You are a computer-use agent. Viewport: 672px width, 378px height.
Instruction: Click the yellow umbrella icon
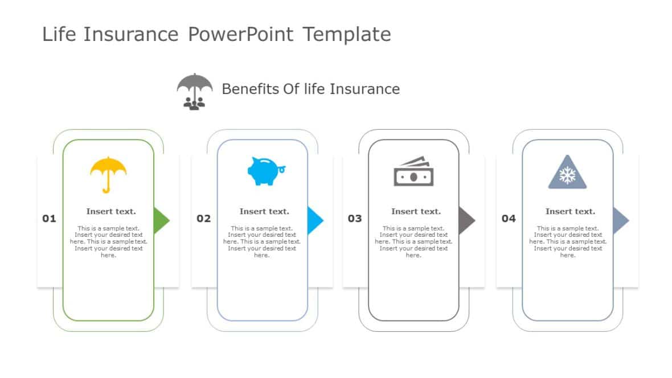(108, 173)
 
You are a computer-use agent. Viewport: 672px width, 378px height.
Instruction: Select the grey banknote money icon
(413, 171)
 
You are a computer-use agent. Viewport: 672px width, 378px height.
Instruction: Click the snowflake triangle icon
(567, 173)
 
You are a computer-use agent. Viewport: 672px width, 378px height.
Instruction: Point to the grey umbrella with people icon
(194, 91)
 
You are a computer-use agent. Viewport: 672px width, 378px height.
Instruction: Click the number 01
(50, 219)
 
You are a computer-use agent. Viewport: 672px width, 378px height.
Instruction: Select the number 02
(204, 219)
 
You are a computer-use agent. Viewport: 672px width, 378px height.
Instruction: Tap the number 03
(355, 219)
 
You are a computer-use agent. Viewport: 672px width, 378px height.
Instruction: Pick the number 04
(509, 219)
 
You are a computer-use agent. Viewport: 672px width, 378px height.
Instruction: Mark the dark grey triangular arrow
(466, 220)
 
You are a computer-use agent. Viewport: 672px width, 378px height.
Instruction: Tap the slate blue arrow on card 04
(620, 220)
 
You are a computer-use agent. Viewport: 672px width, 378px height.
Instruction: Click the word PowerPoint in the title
(240, 35)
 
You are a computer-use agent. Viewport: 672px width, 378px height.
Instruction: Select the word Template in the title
(346, 35)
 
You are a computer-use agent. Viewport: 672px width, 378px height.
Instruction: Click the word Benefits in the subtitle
(250, 89)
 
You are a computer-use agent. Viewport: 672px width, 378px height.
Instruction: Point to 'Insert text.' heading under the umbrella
(111, 211)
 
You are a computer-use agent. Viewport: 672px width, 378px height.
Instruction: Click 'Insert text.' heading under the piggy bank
(264, 211)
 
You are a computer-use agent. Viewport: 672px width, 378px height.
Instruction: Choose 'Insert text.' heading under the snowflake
(570, 211)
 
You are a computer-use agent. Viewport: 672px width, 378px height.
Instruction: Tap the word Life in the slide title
(59, 35)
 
